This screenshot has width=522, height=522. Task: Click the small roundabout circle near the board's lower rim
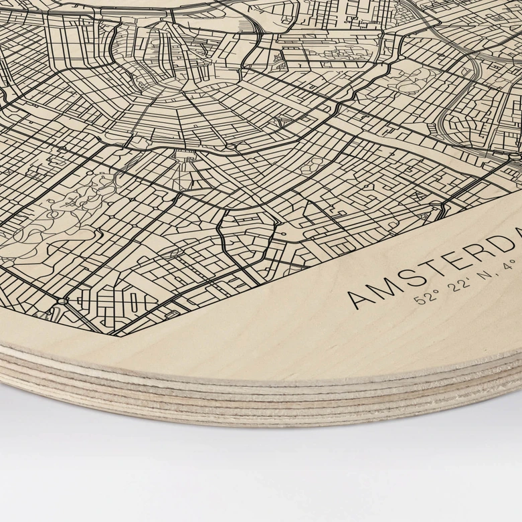(62, 302)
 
